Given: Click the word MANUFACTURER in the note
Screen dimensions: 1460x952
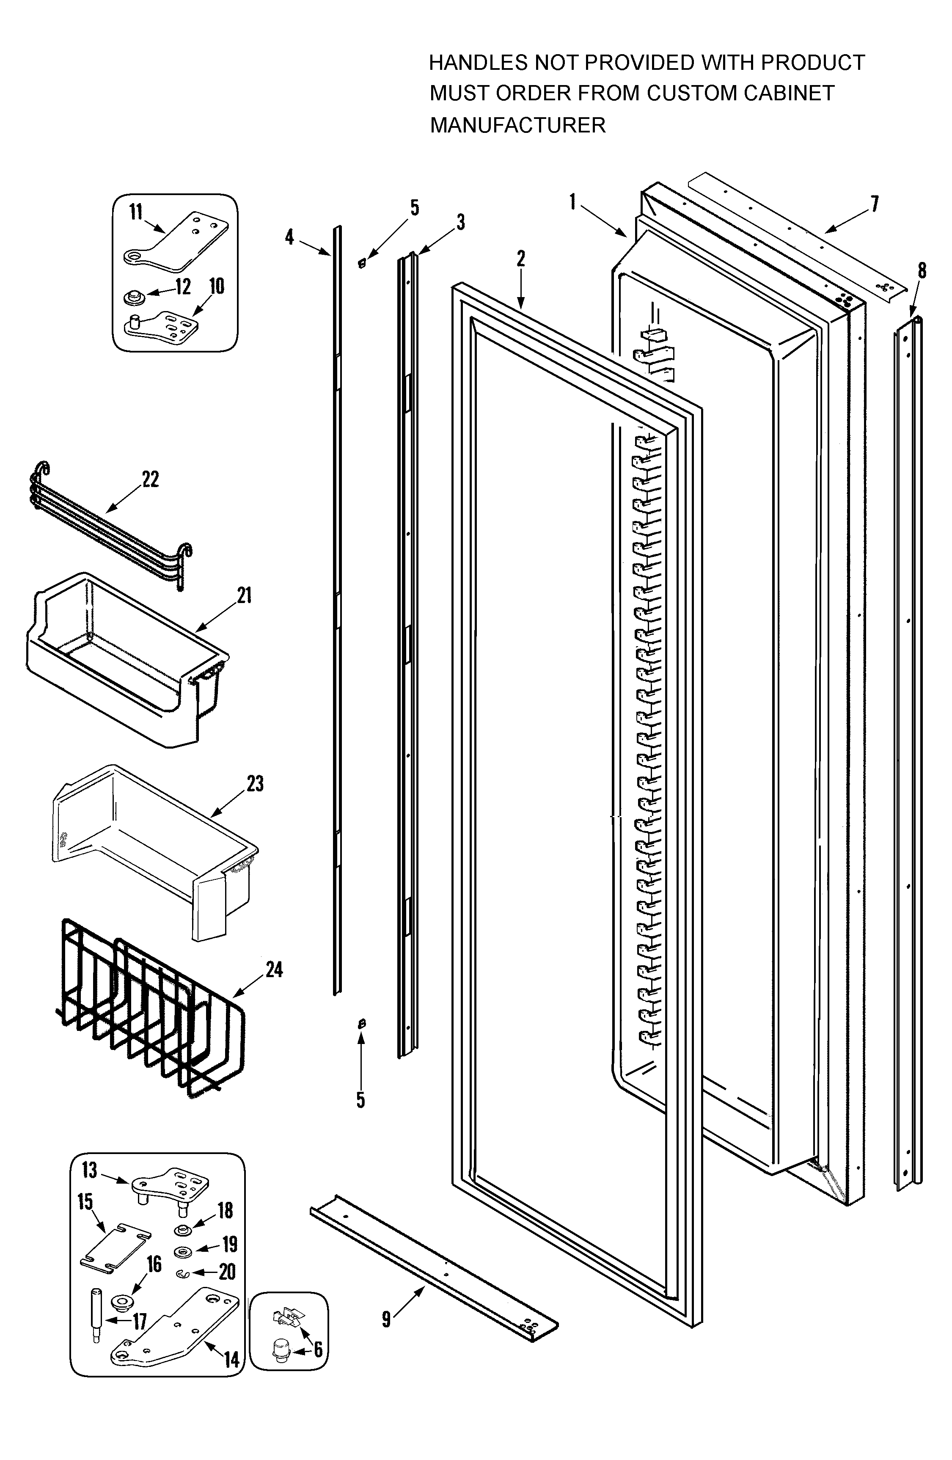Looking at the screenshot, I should click(x=517, y=125).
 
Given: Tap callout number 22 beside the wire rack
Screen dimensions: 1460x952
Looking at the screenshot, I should click(x=150, y=479).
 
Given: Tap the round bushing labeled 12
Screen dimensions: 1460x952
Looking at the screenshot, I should click(x=132, y=298).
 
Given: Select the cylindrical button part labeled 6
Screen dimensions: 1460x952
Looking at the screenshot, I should click(x=280, y=1350).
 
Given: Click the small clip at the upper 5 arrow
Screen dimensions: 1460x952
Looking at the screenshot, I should click(x=362, y=263).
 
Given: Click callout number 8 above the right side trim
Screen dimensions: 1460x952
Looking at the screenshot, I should click(x=922, y=270).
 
